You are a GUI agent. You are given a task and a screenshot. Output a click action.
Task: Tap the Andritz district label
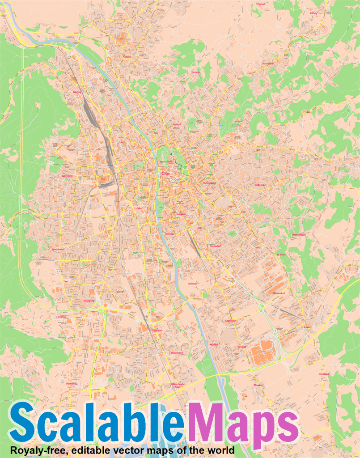pyautogui.click(x=127, y=57)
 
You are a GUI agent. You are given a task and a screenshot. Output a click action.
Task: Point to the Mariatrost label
pyautogui.click(x=267, y=64)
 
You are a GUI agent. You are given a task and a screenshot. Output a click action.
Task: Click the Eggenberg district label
pyautogui.click(x=67, y=176)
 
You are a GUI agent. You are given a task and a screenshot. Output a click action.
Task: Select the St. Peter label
pyautogui.click(x=281, y=254)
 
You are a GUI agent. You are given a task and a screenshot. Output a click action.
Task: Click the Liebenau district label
pyautogui.click(x=193, y=284)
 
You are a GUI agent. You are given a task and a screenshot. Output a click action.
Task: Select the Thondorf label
pyautogui.click(x=259, y=385)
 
